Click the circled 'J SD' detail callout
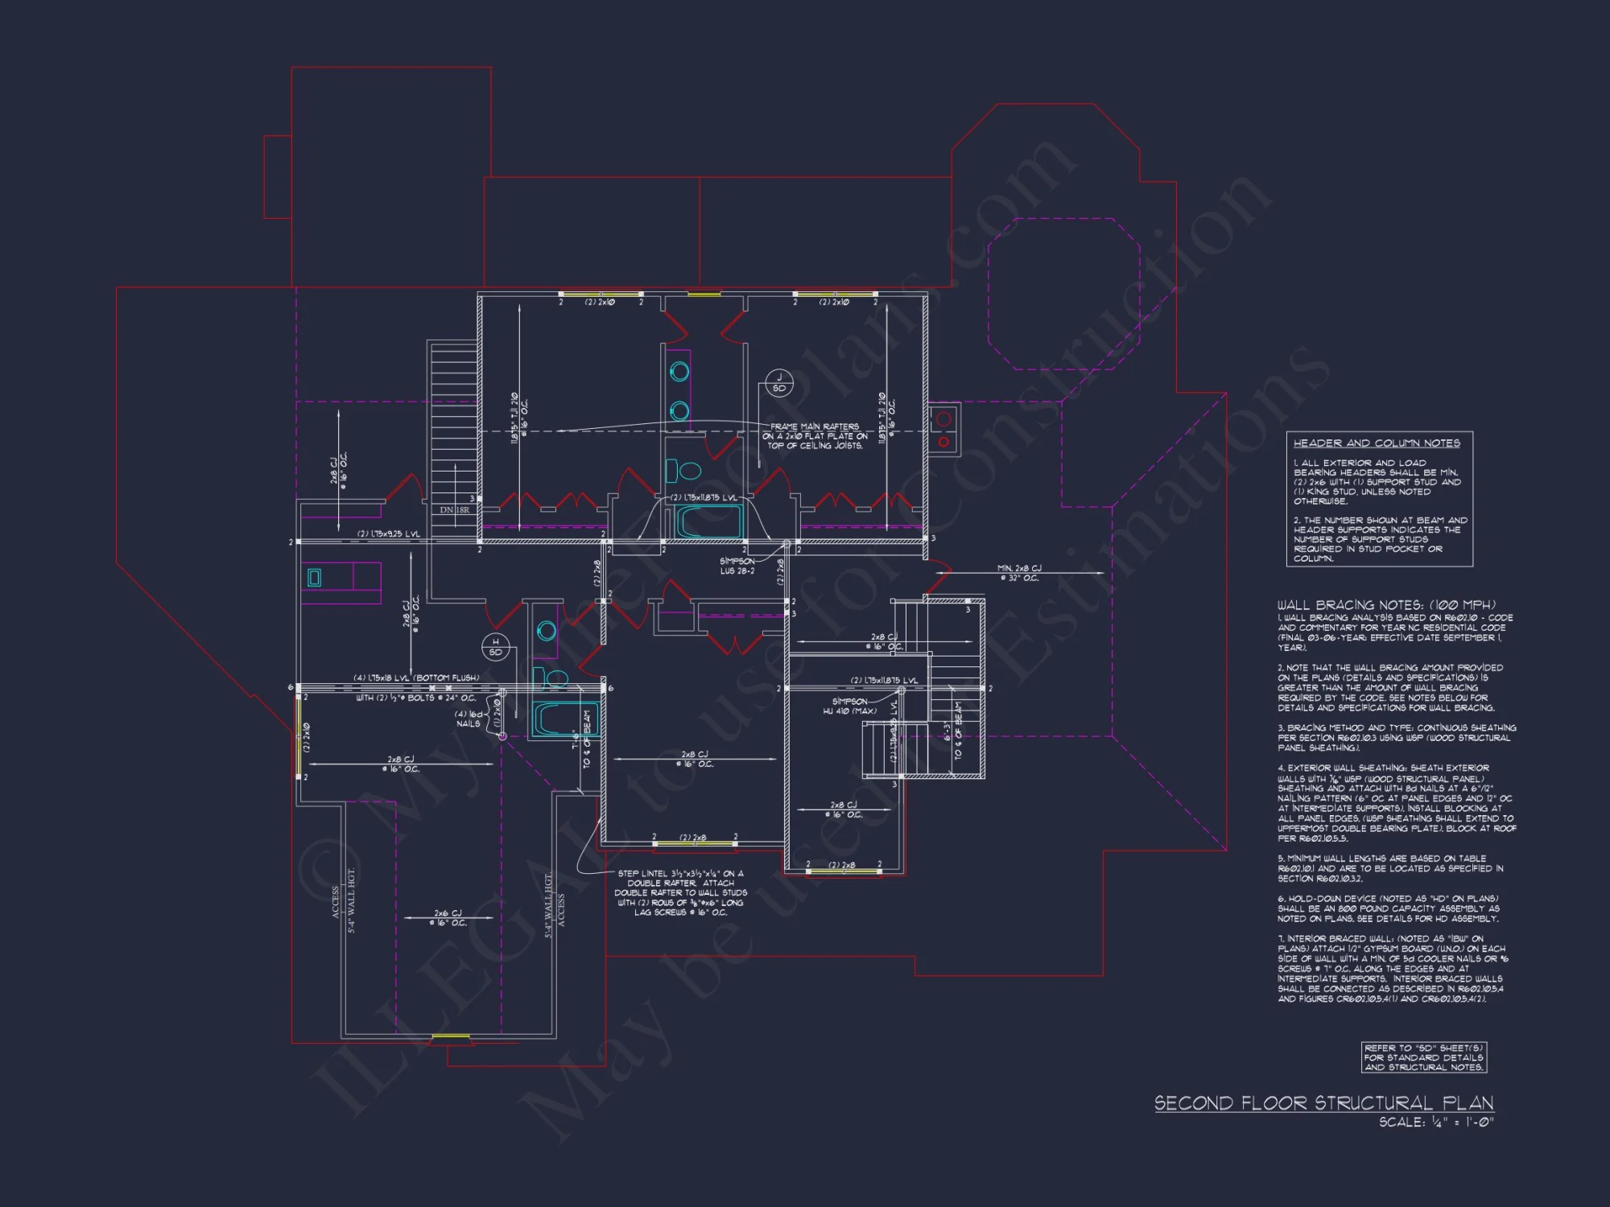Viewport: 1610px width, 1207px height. (778, 383)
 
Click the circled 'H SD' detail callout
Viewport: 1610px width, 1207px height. (495, 647)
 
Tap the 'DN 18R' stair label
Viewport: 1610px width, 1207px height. (454, 510)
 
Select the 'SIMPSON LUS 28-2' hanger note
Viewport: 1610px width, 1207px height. (737, 566)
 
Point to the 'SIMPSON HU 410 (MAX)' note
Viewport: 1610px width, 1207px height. (850, 706)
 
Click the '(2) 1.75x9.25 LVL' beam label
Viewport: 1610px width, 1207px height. (389, 533)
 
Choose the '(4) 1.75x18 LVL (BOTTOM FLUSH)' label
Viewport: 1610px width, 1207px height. (416, 678)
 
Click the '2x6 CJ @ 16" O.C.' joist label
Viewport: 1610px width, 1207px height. (448, 918)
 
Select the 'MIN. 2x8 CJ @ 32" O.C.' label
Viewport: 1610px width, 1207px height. (1019, 573)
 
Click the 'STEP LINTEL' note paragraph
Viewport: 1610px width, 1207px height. (681, 893)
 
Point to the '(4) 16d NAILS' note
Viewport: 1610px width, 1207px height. (469, 719)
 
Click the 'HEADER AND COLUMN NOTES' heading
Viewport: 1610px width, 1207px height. (1377, 443)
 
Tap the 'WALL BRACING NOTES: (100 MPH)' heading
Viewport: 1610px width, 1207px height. (1386, 604)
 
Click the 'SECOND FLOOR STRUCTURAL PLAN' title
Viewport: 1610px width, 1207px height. (1323, 1103)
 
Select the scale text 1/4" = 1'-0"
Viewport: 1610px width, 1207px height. (1436, 1123)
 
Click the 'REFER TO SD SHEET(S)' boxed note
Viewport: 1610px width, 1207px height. (1423, 1058)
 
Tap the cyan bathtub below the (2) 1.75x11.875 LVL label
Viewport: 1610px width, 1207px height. (708, 522)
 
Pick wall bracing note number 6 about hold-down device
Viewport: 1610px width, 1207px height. (1388, 908)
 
